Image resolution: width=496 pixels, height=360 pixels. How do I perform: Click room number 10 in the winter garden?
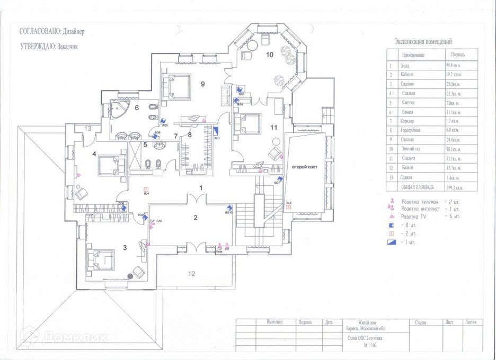point(269,55)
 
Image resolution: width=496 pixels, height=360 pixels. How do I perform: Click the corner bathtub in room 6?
point(121,111)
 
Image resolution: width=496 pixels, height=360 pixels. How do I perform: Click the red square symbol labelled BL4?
point(147,189)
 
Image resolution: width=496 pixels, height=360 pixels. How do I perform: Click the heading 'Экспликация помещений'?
point(423,41)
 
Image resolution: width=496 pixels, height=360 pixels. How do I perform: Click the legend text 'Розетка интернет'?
point(423,209)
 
